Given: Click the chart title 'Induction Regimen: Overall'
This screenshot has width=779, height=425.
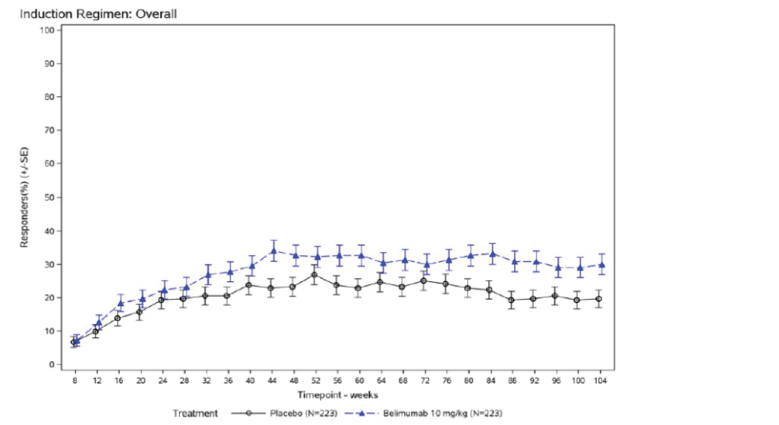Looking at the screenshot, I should (x=98, y=14).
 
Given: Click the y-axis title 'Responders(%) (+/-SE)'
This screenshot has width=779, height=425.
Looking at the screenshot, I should (x=24, y=198).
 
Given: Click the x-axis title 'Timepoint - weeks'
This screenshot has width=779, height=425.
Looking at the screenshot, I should (x=338, y=395).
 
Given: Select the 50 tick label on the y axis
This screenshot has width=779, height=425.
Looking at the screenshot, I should (x=49, y=197).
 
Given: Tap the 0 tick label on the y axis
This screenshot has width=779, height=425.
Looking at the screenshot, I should (x=51, y=364).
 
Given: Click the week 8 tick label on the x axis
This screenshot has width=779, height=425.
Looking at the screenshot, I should (x=75, y=380).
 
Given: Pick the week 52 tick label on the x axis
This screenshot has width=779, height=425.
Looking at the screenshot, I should (x=316, y=380).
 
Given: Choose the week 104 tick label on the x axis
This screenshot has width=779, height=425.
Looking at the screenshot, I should (x=600, y=380).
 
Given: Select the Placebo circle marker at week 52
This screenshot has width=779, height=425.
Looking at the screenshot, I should (x=314, y=275).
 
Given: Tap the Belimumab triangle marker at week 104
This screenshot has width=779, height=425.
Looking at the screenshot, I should (x=602, y=264).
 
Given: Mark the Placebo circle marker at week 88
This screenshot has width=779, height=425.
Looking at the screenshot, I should (x=511, y=300).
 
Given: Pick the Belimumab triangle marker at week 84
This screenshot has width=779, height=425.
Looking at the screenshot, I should (x=492, y=253).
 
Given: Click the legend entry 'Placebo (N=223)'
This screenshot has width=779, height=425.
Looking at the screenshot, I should (x=303, y=413).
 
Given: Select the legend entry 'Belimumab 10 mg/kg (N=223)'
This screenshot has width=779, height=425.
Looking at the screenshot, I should (x=442, y=413).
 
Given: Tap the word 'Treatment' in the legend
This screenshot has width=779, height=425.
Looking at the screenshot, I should (x=195, y=413).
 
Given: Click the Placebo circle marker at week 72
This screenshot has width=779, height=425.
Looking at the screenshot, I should (x=424, y=281).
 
